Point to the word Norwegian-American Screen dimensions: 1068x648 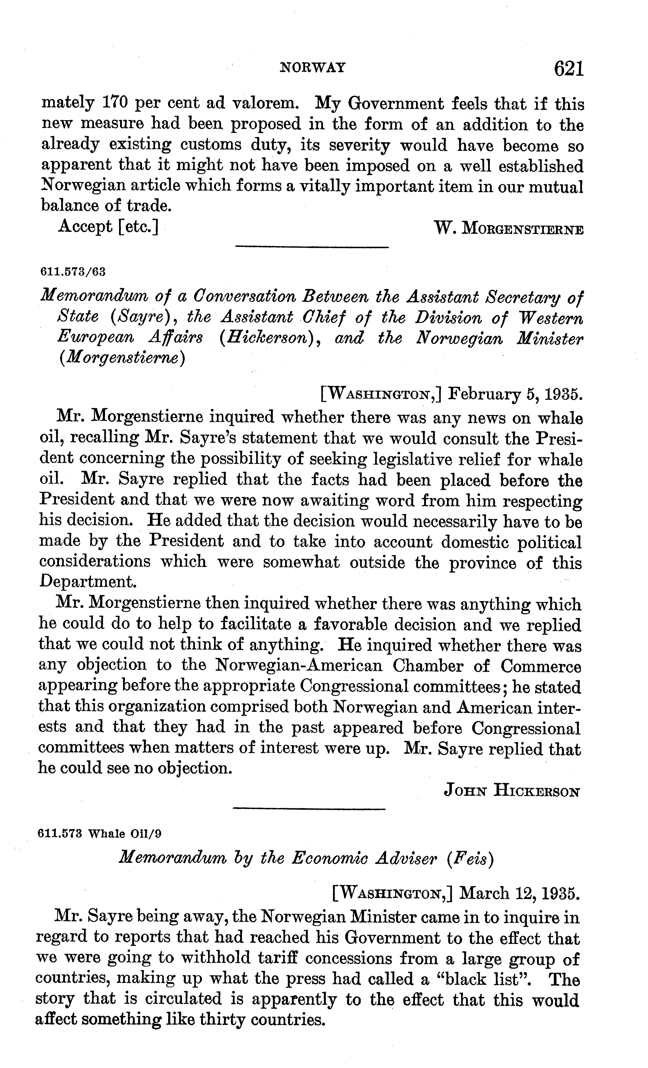pos(299,665)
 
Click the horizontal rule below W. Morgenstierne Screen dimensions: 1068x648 pos(311,248)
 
